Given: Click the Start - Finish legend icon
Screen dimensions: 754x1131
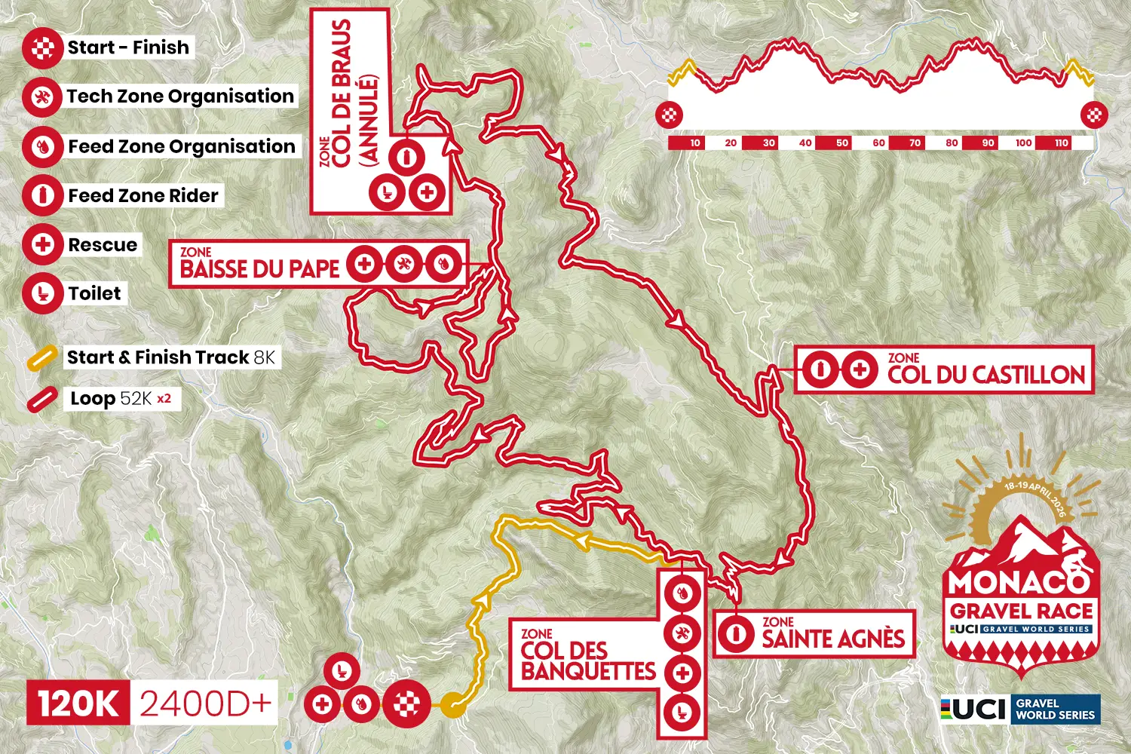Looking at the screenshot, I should click(x=42, y=48).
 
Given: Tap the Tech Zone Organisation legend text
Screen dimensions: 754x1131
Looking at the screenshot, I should click(x=180, y=97).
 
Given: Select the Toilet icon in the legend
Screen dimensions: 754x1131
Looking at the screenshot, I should click(x=42, y=294).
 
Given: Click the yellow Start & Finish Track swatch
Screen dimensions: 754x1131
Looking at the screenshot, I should click(x=42, y=358).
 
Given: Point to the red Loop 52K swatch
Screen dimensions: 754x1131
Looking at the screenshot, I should click(x=42, y=400).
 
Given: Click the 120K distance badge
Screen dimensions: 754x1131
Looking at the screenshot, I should click(x=78, y=703).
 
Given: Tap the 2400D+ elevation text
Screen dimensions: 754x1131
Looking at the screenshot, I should click(x=205, y=703).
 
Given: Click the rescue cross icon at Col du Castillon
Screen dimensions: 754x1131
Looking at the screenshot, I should click(x=859, y=369).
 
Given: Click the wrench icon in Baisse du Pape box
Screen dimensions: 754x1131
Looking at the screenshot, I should click(x=404, y=264).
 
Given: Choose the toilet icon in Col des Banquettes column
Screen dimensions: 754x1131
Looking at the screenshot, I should click(x=682, y=712).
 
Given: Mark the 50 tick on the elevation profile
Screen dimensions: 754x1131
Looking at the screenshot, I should click(x=842, y=143).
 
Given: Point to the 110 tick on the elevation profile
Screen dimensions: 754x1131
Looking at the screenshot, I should click(x=1062, y=143).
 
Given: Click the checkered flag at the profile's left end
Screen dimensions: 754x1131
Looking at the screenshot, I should click(x=670, y=115).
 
